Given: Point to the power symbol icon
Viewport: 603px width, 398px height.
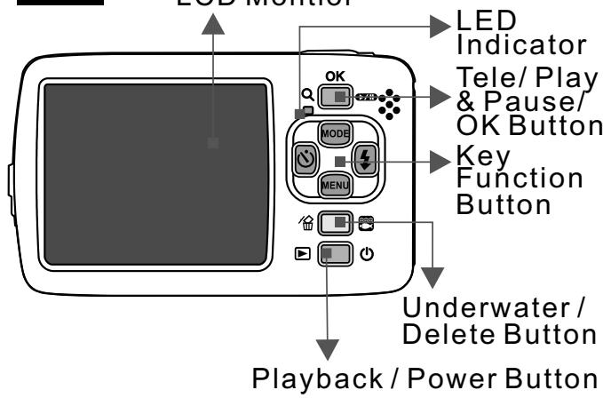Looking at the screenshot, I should (367, 255).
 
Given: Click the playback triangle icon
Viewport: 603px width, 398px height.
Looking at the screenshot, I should (302, 255).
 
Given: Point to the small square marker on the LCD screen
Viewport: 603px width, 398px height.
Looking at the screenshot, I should (212, 142).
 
